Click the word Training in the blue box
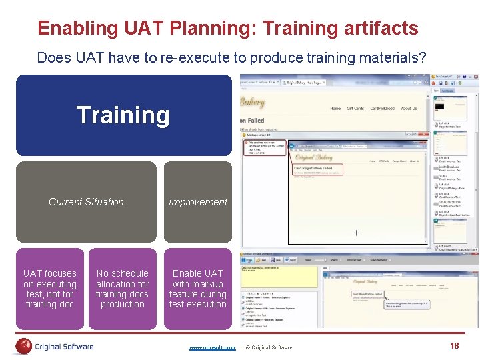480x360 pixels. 123,115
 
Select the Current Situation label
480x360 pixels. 86,202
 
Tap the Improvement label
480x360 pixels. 198,202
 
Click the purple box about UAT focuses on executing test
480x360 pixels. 50,289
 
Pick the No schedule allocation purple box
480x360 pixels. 123,289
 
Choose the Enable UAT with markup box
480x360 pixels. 198,289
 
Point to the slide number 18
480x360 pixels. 455,346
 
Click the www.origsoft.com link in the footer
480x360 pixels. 212,347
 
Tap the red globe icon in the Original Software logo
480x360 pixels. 24,346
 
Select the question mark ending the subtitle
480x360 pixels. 422,58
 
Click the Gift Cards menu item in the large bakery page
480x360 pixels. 356,109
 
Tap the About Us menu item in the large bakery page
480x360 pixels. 409,109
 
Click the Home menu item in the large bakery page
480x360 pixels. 335,109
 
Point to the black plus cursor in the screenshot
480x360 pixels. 356,233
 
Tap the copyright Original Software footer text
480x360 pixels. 269,347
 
